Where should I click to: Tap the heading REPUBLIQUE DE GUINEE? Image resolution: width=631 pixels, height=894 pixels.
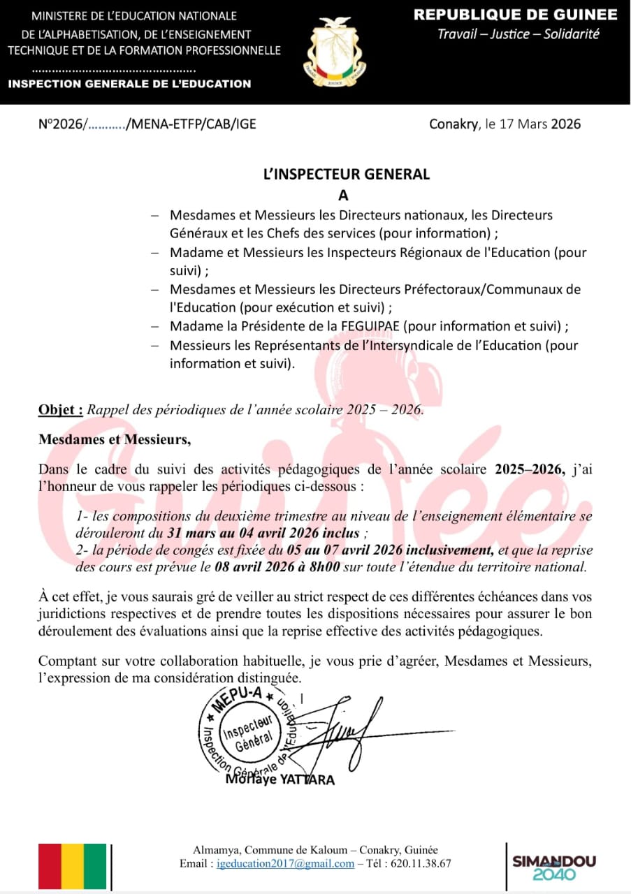516,15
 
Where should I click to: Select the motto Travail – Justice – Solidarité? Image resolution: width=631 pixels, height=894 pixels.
518,34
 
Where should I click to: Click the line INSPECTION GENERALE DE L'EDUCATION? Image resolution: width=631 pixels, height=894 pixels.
129,84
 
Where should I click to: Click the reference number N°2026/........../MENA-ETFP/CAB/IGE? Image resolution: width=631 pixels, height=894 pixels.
147,124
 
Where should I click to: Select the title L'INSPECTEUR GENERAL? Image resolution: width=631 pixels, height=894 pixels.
347,175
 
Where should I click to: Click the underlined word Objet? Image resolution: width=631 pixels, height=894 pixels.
60,410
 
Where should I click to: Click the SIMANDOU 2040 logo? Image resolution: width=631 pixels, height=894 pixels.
554,867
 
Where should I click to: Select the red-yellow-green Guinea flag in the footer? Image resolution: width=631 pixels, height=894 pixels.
73,867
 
